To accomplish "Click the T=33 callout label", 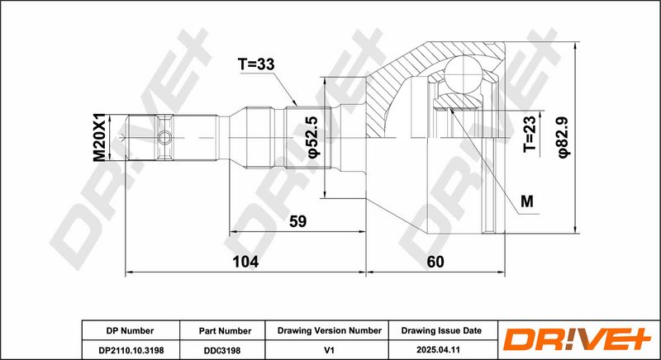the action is point(256,64).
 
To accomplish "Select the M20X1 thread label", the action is point(99,137).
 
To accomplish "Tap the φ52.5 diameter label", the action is point(314,138).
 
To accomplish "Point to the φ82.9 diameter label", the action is point(564,138).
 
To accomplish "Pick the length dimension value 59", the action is point(297,221).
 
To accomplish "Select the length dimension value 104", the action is point(245,262).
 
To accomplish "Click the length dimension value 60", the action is point(435,262).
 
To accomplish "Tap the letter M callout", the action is point(527,201).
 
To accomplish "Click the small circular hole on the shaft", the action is point(164,137).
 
